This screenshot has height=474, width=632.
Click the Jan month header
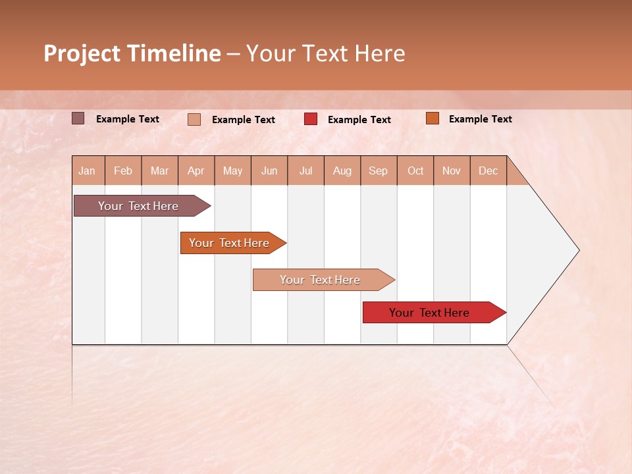(x=87, y=171)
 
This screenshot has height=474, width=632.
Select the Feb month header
(x=123, y=171)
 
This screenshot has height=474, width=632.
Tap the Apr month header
(x=196, y=171)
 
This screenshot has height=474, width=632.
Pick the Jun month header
(x=269, y=171)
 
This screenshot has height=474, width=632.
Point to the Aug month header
(x=342, y=171)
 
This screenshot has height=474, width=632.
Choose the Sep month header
(x=379, y=171)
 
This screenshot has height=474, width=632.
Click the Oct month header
(x=415, y=171)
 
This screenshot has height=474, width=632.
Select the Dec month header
(x=488, y=171)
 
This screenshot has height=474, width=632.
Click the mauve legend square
(x=78, y=118)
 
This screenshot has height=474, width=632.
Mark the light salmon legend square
(x=194, y=119)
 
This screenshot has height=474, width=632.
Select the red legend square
(x=311, y=119)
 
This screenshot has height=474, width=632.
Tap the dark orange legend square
(x=433, y=118)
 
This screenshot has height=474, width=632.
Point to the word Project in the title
(x=82, y=53)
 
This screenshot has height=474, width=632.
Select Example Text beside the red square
(x=359, y=120)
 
